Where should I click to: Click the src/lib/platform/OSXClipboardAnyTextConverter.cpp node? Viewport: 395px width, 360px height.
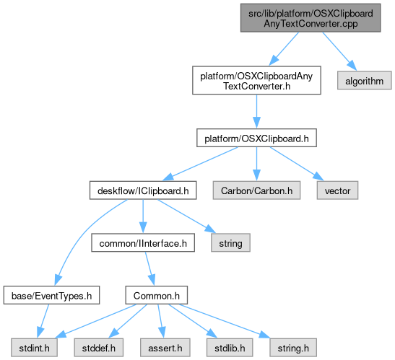coord(311,18)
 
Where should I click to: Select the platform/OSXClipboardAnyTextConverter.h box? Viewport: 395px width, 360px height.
coord(256,81)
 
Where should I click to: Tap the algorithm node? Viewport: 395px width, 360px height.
coord(364,81)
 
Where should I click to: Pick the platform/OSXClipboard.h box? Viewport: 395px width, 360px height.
coord(256,138)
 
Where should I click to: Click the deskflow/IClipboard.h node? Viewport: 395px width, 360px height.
coord(143,190)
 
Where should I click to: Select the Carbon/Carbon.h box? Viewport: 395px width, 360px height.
coord(256,190)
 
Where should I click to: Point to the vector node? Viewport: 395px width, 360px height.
coord(337,190)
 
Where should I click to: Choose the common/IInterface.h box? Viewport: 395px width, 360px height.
coord(143,242)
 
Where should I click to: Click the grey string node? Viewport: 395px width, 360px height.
coord(230,242)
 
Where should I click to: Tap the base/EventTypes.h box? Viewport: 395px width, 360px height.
coord(51,295)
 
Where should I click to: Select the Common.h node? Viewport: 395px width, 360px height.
coord(157,295)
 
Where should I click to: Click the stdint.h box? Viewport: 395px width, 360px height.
coord(34,348)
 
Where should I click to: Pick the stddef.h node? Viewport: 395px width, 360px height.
coord(98,348)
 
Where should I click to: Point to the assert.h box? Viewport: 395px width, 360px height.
coord(165,348)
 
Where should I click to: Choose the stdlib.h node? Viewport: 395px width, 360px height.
coord(230,348)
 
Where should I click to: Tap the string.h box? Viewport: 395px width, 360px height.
coord(293,348)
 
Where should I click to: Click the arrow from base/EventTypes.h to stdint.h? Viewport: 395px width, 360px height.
coord(43,321)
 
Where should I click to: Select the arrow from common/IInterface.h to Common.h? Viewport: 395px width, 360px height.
coord(149,268)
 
